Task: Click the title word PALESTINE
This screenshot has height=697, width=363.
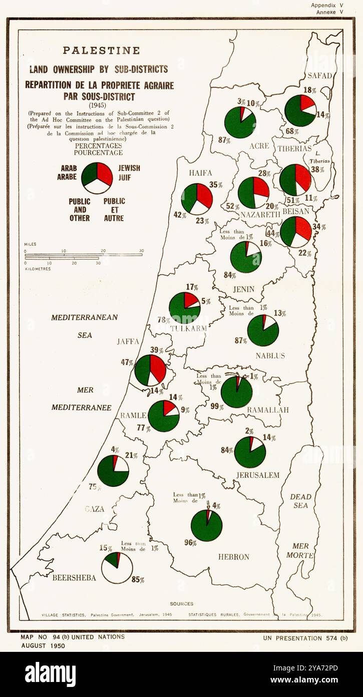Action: pos(101,51)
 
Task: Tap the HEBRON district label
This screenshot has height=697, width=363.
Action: pos(233,557)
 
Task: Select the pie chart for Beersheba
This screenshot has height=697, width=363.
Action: pos(117,568)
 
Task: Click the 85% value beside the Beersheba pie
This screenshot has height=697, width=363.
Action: pos(138,580)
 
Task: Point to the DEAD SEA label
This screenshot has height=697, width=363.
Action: pos(300,501)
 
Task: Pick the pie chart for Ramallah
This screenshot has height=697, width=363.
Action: pos(236,392)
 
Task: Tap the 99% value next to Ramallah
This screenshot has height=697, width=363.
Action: pos(217,407)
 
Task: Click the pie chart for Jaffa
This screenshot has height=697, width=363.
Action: pos(150,370)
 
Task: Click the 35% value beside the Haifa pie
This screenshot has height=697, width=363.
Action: pos(216,185)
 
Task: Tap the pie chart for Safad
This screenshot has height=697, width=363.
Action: pos(300,111)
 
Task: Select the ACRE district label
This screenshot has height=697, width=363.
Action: pos(259,146)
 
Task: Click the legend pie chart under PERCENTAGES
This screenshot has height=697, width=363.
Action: pos(97,178)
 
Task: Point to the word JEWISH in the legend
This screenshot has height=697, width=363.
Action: pos(129,168)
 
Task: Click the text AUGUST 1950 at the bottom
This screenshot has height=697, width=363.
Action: pos(43,646)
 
